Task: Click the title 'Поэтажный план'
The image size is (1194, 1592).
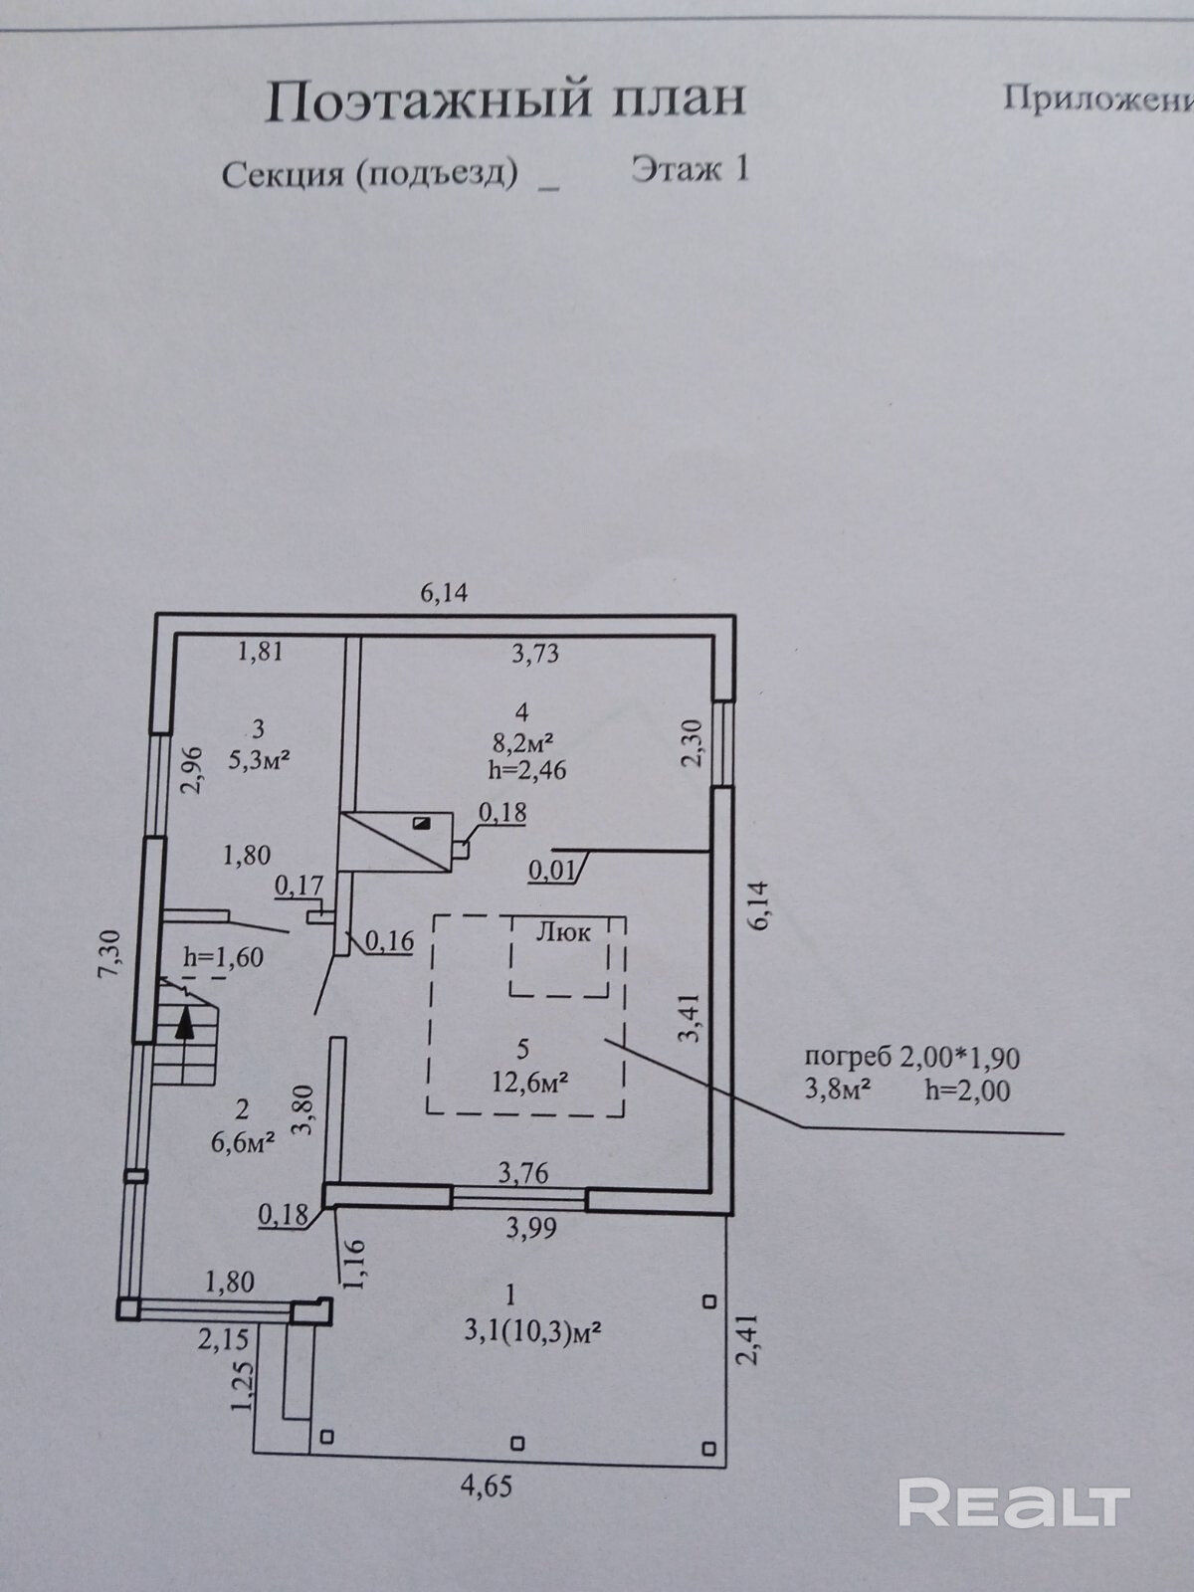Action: [x=504, y=100]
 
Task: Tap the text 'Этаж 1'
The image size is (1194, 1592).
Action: [x=690, y=169]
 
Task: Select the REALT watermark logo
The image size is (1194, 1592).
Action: [x=1014, y=1501]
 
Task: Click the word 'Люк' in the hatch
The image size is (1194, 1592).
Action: [x=562, y=932]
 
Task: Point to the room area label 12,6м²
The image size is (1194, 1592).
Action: [x=529, y=1084]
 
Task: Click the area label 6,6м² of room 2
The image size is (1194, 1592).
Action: [x=242, y=1142]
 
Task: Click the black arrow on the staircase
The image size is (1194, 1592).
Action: [x=184, y=1023]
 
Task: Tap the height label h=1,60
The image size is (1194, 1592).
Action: [x=224, y=957]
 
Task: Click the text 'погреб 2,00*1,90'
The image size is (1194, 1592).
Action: [x=911, y=1058]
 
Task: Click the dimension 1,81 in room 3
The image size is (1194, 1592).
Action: [x=260, y=653]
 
